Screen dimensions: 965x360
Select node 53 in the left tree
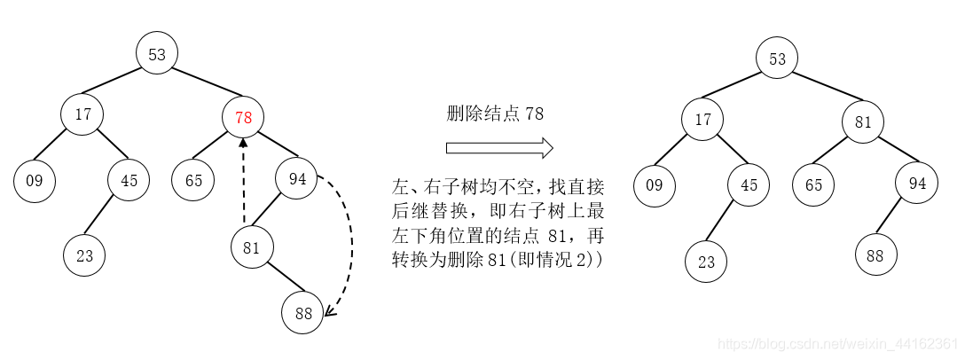click(157, 55)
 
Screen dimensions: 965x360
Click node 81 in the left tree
click(252, 248)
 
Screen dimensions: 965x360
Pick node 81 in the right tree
click(863, 122)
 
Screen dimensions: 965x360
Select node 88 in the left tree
click(302, 312)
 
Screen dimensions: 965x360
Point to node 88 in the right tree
click(875, 255)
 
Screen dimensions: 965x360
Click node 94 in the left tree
click(296, 180)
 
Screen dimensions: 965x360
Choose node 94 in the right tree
click(916, 184)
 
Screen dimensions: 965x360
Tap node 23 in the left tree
click(84, 256)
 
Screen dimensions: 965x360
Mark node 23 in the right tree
click(706, 262)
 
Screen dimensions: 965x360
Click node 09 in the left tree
click(35, 181)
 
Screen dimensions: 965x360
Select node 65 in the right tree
click(813, 185)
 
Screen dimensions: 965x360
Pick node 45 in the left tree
click(129, 181)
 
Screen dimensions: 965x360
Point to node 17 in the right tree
click(703, 120)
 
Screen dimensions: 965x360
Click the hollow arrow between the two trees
click(499, 147)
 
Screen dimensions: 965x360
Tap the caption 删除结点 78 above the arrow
click(494, 113)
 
